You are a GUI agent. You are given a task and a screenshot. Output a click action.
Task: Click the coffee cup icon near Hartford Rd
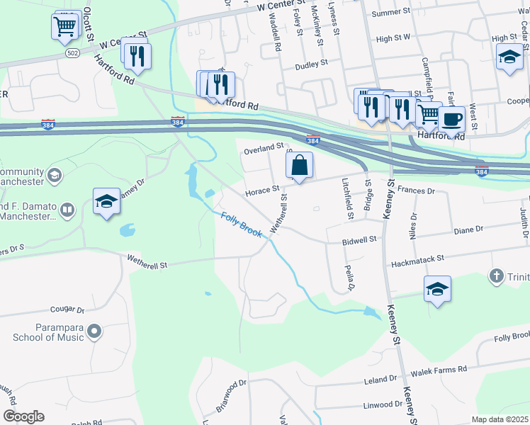tap(451, 119)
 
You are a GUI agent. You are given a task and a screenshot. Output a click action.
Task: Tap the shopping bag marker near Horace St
tap(300, 166)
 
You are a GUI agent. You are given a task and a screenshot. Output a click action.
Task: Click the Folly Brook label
tap(241, 225)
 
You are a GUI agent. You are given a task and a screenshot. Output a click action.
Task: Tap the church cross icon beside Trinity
tap(497, 275)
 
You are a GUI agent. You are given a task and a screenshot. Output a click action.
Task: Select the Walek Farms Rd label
tap(443, 370)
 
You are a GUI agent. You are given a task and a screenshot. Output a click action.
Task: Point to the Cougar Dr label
tap(67, 310)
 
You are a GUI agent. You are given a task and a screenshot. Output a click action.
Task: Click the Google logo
tap(23, 416)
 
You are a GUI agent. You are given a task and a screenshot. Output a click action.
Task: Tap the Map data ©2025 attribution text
tap(500, 419)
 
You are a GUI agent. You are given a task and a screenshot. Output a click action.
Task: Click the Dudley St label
tap(312, 62)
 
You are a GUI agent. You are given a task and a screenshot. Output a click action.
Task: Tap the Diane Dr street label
tap(468, 229)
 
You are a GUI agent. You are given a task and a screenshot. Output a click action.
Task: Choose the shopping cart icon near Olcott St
tap(64, 27)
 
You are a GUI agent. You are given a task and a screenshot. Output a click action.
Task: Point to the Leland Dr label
tap(383, 380)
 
